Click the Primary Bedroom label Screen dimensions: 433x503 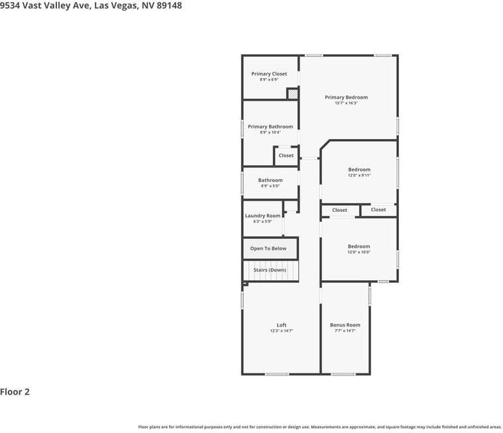346,97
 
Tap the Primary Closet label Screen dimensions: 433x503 269,74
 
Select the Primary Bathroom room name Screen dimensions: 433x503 270,126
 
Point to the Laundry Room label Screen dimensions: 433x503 262,216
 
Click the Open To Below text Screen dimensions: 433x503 268,248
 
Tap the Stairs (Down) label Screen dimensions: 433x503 270,270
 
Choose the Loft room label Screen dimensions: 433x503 282,325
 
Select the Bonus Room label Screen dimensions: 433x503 345,325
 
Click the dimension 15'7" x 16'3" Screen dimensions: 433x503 346,103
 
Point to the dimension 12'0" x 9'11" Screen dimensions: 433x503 359,175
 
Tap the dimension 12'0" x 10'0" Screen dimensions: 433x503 359,252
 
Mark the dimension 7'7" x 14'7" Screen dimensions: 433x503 345,331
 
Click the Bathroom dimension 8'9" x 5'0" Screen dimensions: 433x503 270,186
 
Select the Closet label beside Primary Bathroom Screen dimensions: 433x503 286,156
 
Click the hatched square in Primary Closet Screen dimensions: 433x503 292,94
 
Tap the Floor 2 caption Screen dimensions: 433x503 15,392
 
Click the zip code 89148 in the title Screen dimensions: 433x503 168,5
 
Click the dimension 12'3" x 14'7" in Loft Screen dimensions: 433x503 282,331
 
